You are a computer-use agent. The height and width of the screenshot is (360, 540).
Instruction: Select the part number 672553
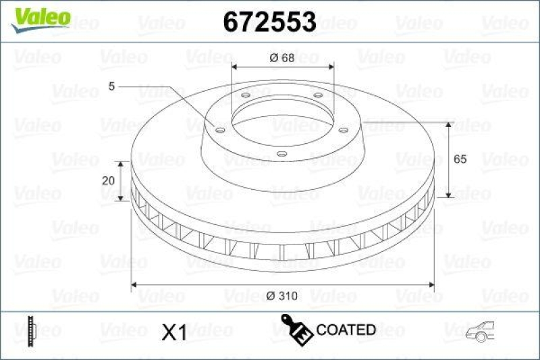click(269, 22)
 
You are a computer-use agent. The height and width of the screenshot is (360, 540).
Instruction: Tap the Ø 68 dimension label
click(283, 57)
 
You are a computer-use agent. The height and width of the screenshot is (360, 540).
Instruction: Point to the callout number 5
click(111, 86)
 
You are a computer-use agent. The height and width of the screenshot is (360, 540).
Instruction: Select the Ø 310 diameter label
click(283, 295)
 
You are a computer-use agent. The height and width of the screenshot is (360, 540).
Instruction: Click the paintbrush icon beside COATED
click(296, 329)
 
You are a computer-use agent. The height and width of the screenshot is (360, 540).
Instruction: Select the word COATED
click(346, 330)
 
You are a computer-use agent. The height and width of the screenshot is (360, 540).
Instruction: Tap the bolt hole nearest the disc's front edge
click(282, 155)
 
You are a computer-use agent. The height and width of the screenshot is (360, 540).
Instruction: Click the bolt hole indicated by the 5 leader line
click(219, 130)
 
